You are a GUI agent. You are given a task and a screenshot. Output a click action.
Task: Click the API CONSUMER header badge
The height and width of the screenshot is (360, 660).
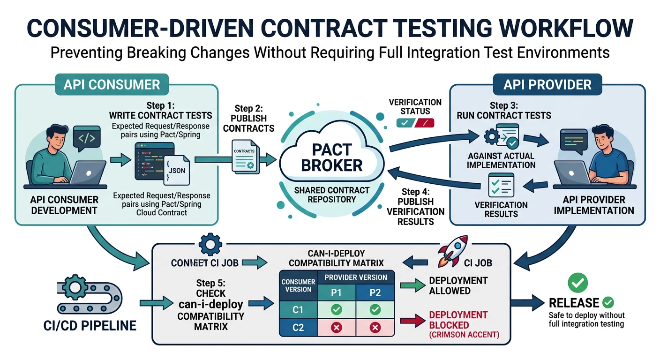(112, 85)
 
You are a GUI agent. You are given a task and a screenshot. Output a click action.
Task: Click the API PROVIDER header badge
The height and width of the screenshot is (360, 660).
(547, 85)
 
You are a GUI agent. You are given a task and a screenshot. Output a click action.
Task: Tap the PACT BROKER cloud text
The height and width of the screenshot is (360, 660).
(331, 157)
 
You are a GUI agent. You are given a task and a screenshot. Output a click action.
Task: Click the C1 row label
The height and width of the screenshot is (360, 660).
(298, 310)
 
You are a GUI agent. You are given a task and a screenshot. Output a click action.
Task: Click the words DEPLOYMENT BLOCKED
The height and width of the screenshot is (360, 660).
(458, 320)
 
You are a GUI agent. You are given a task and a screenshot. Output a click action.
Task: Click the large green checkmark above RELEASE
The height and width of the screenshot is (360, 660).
(577, 282)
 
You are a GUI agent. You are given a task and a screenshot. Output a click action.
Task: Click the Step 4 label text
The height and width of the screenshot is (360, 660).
(415, 192)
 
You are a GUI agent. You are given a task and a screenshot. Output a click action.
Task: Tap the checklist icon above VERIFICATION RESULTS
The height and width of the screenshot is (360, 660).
(501, 185)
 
